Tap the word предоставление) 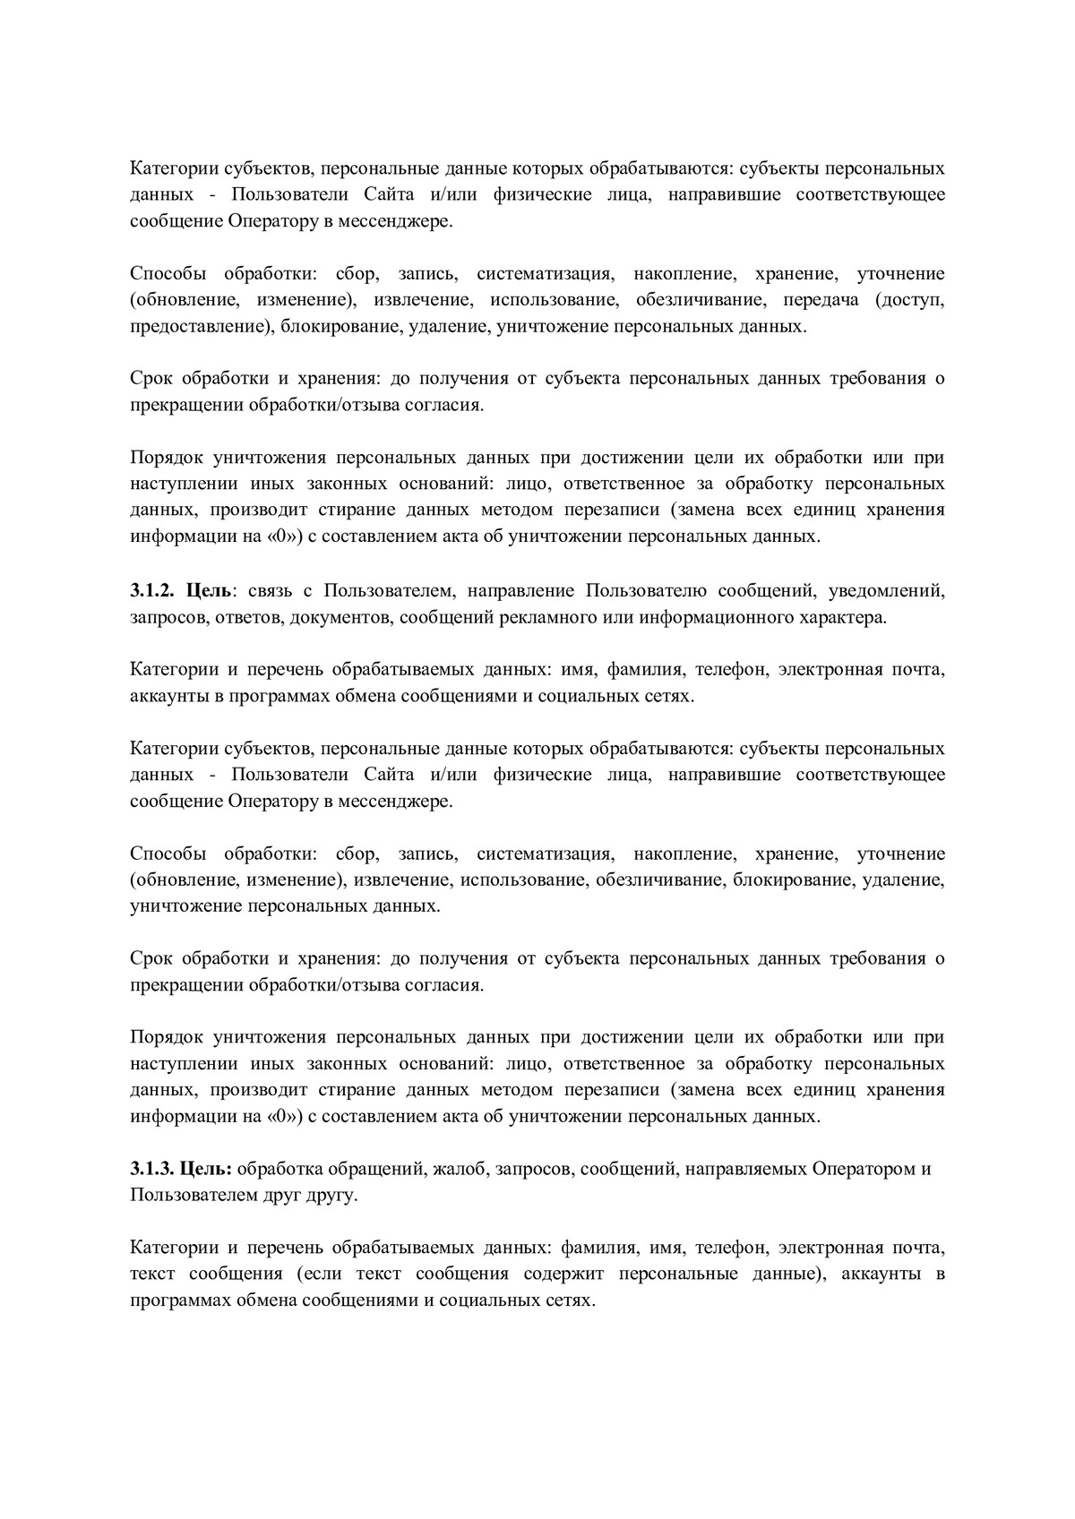(x=202, y=327)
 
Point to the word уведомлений (x=887, y=590)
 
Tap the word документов (x=352, y=617)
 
